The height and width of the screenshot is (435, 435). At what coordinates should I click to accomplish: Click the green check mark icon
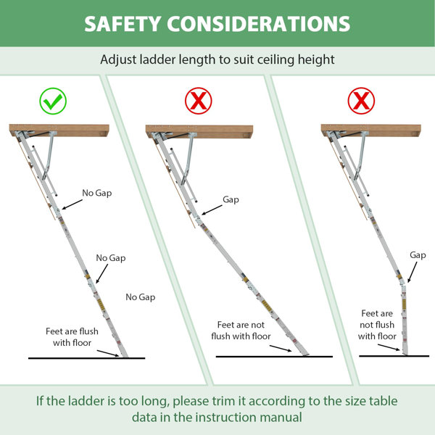click(x=53, y=101)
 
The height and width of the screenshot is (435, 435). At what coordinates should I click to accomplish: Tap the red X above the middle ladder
click(x=199, y=101)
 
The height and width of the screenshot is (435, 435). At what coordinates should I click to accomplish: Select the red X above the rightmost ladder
click(x=361, y=101)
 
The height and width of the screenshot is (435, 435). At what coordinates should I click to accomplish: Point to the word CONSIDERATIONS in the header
click(x=259, y=24)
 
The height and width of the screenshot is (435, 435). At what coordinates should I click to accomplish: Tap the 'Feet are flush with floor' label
click(x=72, y=337)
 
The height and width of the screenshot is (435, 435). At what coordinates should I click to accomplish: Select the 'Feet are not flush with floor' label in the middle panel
click(x=241, y=331)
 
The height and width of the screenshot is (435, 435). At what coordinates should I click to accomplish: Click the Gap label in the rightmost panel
click(x=418, y=255)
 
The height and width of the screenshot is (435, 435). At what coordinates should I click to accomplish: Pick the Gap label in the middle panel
click(x=231, y=200)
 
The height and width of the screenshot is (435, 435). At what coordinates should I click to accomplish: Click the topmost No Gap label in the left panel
click(x=97, y=193)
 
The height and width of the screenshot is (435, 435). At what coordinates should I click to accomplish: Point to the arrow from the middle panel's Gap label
click(x=212, y=210)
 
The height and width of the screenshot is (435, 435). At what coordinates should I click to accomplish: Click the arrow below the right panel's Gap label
click(x=413, y=272)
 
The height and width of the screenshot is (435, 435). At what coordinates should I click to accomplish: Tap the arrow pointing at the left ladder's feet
click(x=108, y=353)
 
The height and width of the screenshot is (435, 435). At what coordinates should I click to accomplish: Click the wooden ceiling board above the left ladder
click(x=59, y=130)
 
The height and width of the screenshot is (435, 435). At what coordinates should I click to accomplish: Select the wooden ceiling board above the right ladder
click(x=371, y=130)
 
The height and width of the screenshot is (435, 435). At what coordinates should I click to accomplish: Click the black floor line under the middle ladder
click(x=274, y=357)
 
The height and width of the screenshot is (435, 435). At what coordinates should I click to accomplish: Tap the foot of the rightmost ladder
click(x=405, y=351)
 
